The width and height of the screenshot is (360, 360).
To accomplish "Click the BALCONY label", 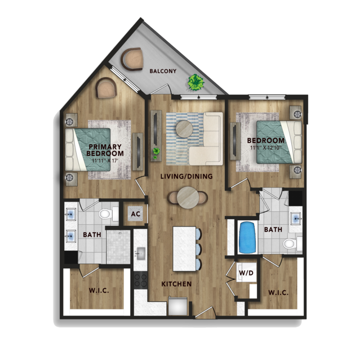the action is (x=163, y=71).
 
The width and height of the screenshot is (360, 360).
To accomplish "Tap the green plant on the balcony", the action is (x=196, y=82).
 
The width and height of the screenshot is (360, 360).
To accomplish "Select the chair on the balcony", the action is (x=132, y=59).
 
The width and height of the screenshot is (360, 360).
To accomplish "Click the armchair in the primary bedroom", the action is (x=106, y=88).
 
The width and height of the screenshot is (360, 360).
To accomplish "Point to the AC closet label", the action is (x=135, y=214).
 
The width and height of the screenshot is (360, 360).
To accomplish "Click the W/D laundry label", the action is (x=246, y=273).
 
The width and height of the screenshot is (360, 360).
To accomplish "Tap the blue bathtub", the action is (x=248, y=237).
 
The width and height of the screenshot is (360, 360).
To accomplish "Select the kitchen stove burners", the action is (x=140, y=280).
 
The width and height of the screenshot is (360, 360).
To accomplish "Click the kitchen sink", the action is (x=140, y=254).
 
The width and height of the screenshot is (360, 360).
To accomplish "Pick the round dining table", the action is (x=188, y=197).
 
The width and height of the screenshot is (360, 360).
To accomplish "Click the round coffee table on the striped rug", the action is (x=184, y=129).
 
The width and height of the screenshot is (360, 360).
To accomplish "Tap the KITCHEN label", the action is (x=176, y=284).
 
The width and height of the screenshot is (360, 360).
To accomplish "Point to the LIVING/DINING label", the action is (x=186, y=176).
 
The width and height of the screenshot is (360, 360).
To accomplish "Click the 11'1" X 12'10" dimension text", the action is (x=266, y=148).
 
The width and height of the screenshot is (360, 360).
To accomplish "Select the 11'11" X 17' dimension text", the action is (x=105, y=161).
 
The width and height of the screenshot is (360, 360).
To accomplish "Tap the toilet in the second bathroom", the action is (x=292, y=243).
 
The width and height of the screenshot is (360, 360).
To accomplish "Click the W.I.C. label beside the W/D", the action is (x=278, y=293).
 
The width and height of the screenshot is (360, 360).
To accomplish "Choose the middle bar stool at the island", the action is (x=198, y=249).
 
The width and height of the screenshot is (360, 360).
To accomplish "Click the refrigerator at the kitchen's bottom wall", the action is (x=177, y=306).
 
